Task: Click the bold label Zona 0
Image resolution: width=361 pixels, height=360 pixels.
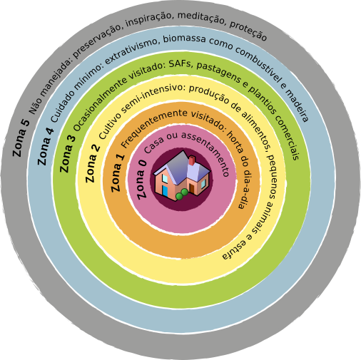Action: point(142,180)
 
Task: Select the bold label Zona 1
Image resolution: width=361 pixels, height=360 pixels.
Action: point(118,173)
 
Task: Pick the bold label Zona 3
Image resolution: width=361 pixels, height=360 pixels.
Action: point(68,154)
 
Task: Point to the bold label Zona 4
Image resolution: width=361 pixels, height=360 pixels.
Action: point(46,147)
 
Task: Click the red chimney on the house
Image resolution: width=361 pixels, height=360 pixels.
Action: point(192,160)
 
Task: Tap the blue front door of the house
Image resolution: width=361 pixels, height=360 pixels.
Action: point(165,191)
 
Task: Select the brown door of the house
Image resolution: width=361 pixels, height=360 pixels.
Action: point(192,188)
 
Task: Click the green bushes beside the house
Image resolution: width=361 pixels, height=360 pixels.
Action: point(182,194)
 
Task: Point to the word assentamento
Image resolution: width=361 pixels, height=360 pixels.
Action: point(206,152)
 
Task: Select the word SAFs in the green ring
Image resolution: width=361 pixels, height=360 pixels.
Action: point(180,64)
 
